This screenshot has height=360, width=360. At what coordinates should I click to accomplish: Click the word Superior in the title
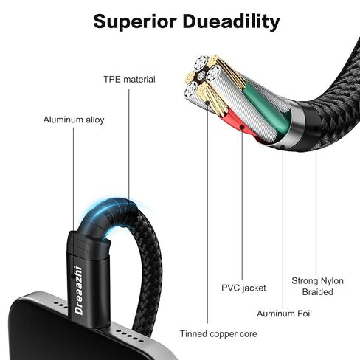tap(135, 21)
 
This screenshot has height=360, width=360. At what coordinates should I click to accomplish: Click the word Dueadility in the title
tap(231, 21)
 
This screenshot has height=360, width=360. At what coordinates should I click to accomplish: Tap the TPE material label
tap(129, 80)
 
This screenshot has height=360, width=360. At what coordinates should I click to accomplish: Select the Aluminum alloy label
tap(74, 120)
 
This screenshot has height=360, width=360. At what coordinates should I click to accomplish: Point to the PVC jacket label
tap(243, 288)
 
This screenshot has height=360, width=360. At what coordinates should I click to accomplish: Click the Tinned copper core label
tap(218, 334)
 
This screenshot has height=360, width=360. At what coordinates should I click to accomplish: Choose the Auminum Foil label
tap(284, 314)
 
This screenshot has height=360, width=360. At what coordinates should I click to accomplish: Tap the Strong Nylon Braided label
tap(317, 286)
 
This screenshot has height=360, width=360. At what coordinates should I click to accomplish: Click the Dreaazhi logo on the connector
tap(79, 290)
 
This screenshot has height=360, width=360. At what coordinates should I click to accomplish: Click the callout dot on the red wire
tap(242, 127)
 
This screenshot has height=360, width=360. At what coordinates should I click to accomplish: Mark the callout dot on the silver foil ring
tap(283, 147)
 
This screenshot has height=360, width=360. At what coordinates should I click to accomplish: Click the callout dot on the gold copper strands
tap(207, 103)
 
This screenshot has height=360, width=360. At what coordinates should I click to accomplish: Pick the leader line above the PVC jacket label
tap(242, 204)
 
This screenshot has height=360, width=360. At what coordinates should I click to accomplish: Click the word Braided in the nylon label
tap(317, 292)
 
